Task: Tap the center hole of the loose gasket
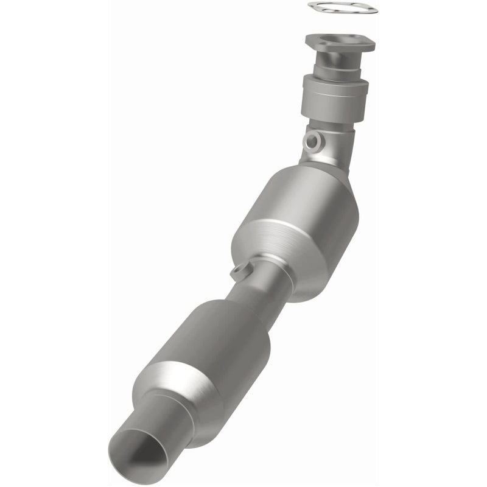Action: coord(342,8)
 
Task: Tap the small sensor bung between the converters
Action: coord(239,272)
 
